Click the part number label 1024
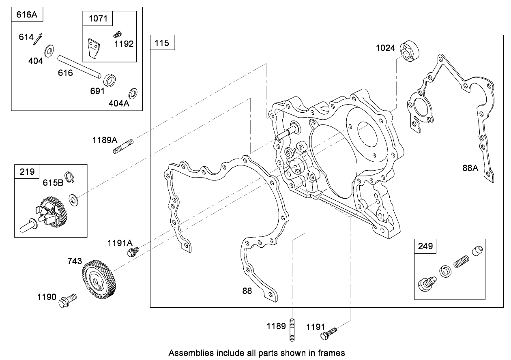pyautogui.click(x=385, y=48)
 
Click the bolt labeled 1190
pyautogui.click(x=68, y=300)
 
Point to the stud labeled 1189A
pyautogui.click(x=123, y=146)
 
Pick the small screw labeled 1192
pyautogui.click(x=119, y=34)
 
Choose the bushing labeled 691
pyautogui.click(x=110, y=79)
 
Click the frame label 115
pyautogui.click(x=163, y=43)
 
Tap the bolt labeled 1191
pyautogui.click(x=329, y=334)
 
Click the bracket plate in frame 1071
pyautogui.click(x=93, y=48)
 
